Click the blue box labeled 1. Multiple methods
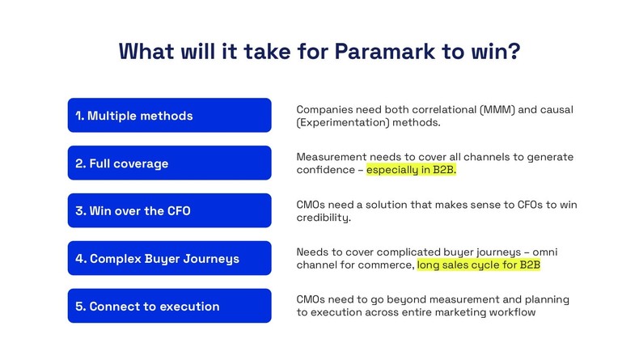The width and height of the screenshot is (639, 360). click(169, 116)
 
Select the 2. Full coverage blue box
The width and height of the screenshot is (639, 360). click(169, 163)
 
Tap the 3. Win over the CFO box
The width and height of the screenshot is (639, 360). click(169, 211)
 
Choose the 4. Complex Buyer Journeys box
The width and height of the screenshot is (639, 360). click(169, 259)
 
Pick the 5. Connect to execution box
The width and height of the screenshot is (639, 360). click(169, 307)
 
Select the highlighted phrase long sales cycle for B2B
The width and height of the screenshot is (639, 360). click(478, 265)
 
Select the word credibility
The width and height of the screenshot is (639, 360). click(324, 218)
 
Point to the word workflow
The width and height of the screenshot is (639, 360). click(510, 312)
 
